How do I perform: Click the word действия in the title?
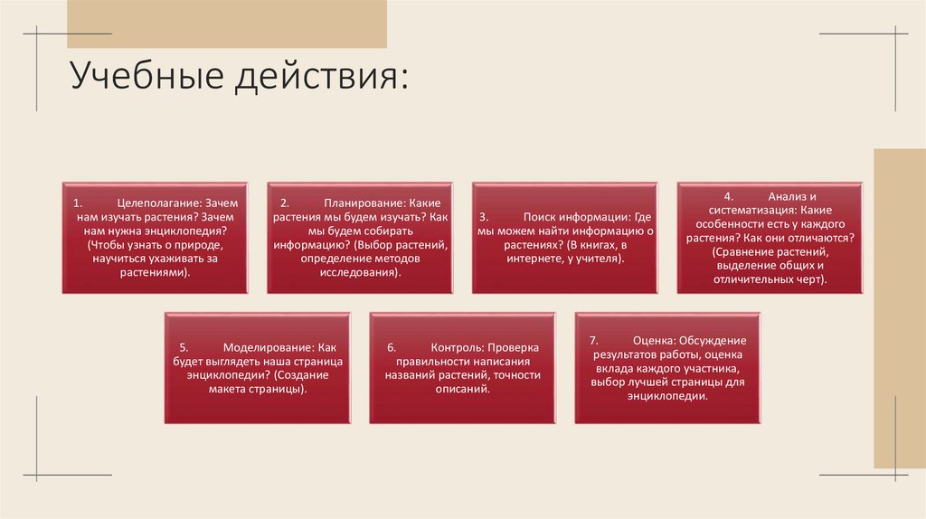tap(322, 76)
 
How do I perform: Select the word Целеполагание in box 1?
tap(159, 204)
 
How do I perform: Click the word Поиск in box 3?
tap(540, 218)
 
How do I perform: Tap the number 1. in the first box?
tap(79, 204)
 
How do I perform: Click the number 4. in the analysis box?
tap(727, 196)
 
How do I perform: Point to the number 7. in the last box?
tap(593, 340)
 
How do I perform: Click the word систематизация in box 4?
tap(736, 210)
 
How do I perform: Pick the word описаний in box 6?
tap(461, 388)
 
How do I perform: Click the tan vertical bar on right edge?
tap(899, 307)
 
